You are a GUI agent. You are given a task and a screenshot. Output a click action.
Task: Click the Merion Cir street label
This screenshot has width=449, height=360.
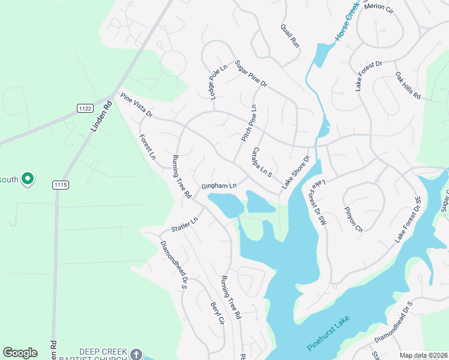(x=378, y=7)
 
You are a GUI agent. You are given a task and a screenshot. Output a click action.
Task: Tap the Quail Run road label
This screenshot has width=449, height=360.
(x=290, y=35)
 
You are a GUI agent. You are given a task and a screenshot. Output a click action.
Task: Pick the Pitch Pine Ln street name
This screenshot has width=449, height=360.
(x=249, y=123)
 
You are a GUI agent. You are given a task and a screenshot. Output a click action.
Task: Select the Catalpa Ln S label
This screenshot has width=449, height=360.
(x=262, y=161)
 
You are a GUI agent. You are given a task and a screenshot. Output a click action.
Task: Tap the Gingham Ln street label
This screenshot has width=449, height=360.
(x=219, y=186)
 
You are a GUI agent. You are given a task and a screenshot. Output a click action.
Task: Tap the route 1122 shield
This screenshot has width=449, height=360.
(x=85, y=108)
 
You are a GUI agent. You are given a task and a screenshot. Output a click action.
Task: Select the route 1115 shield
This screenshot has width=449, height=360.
(x=59, y=184)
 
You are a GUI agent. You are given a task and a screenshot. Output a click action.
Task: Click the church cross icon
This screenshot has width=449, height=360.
(x=136, y=354)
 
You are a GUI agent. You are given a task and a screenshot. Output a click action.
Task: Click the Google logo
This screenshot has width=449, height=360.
(x=20, y=353)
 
